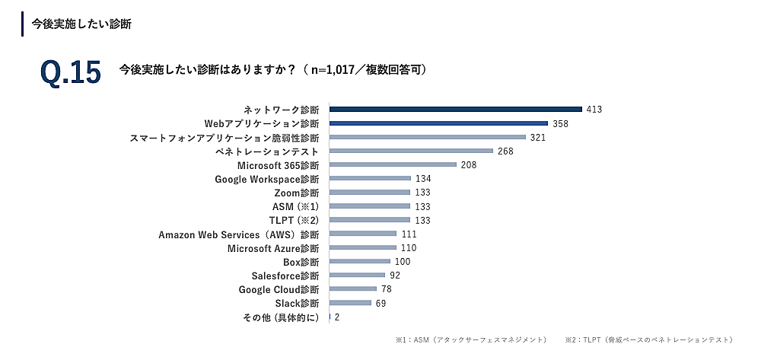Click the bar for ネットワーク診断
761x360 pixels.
tap(455, 110)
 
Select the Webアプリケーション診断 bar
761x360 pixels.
tap(438, 123)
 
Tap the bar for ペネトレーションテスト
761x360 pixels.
tap(411, 151)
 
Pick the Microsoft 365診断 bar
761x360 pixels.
tap(393, 164)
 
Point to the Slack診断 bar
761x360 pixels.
tap(350, 303)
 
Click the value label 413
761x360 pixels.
tap(594, 110)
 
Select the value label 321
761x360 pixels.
tap(538, 137)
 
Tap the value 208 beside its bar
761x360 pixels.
tap(470, 164)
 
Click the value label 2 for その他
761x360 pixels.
tap(336, 317)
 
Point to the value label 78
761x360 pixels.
tap(387, 289)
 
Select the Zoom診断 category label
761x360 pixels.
tap(295, 193)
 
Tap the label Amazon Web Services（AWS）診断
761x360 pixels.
tap(239, 234)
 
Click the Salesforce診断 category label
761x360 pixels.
tap(285, 276)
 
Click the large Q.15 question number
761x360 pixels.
tap(70, 72)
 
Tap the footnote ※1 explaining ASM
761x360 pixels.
tap(470, 339)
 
